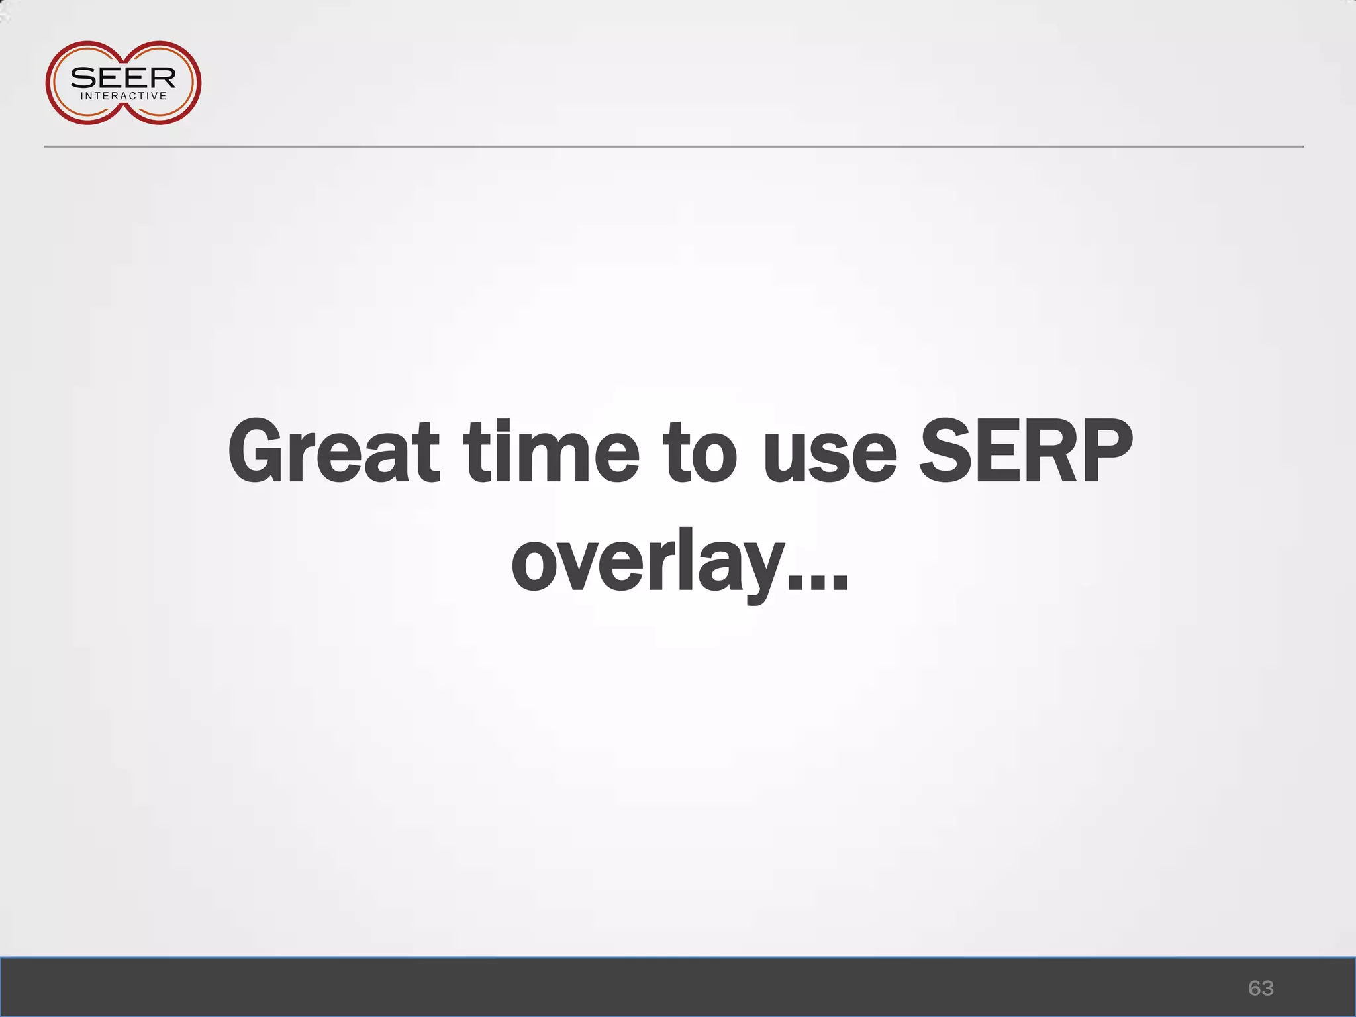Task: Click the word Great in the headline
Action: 333,452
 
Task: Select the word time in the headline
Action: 552,452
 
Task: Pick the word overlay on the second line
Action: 648,563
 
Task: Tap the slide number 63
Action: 1261,988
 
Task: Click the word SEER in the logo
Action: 123,78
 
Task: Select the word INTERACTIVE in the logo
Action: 123,96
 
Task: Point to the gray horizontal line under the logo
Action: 673,146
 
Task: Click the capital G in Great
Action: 261,452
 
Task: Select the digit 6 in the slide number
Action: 1254,988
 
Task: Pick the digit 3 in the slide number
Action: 1267,988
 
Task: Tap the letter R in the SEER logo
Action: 162,78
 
